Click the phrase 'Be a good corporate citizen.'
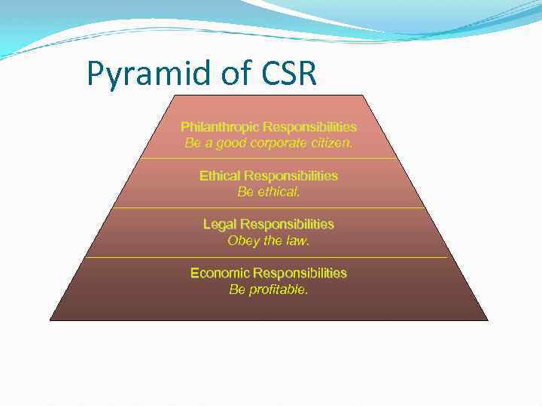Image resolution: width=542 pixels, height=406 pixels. (268, 143)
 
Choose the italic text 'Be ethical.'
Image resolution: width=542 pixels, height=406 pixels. (268, 192)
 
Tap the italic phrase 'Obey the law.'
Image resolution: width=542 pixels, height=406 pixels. (268, 241)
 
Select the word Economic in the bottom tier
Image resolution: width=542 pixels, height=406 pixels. (220, 273)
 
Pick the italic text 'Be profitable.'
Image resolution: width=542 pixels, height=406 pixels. (268, 289)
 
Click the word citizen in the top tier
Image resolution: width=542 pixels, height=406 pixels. (330, 143)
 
